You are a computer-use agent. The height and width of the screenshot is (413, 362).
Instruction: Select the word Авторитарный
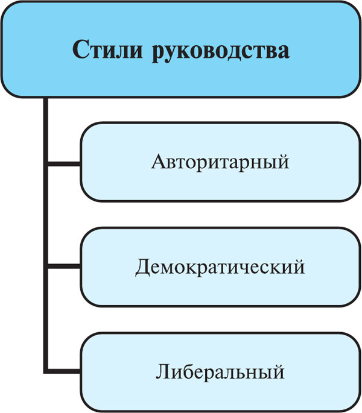(220, 162)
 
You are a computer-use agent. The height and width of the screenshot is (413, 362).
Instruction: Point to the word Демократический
(220, 266)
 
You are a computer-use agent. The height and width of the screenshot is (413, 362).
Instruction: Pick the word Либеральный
(220, 371)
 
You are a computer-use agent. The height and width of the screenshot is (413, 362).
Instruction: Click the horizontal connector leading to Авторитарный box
(63, 163)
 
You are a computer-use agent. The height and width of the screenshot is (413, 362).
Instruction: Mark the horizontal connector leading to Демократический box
(63, 266)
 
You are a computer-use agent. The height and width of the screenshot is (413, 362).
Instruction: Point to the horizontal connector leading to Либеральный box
(63, 370)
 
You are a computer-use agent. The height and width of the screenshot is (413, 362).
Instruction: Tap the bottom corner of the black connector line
(46, 370)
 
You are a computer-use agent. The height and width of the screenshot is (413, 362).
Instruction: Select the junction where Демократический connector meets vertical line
(46, 266)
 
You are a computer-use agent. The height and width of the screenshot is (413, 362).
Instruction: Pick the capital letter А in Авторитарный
(157, 162)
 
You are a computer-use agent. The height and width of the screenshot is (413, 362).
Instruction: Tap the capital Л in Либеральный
(163, 371)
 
